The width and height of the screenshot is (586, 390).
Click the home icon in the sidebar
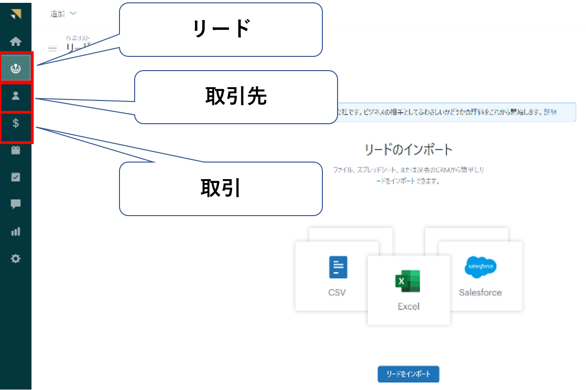(16, 42)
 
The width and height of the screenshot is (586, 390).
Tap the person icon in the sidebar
(16, 96)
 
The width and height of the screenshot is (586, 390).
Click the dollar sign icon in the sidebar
(16, 123)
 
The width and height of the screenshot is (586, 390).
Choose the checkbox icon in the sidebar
(16, 177)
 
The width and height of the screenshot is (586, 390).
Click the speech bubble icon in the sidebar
(16, 204)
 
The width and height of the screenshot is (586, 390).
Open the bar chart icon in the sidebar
(16, 232)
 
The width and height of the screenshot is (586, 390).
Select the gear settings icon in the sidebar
(16, 259)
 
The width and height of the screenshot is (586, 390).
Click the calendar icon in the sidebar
(16, 150)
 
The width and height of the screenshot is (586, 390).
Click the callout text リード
(220, 29)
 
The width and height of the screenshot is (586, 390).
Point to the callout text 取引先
(236, 97)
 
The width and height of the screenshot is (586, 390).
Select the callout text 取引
(220, 189)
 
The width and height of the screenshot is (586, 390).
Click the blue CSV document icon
(338, 267)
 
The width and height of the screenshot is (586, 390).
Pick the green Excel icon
(408, 281)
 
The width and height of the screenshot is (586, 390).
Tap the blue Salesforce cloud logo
(480, 267)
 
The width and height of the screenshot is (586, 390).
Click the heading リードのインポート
(408, 150)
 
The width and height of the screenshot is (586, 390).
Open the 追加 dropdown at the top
(63, 14)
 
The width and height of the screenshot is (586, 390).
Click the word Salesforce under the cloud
(480, 292)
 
